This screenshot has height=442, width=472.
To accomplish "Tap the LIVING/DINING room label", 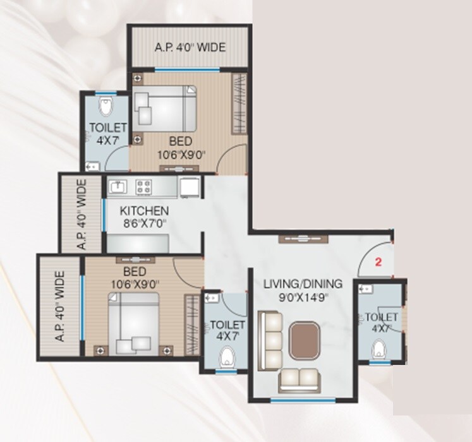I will (303, 284).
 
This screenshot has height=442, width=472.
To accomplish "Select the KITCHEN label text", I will (145, 210).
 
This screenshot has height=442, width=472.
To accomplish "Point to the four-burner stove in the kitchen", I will (144, 186).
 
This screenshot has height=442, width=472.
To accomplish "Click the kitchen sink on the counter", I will (118, 186).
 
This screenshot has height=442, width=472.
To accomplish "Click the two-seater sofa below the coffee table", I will (299, 378).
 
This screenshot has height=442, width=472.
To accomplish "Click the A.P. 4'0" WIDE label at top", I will (190, 47).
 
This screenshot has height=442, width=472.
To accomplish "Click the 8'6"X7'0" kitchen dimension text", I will (145, 223).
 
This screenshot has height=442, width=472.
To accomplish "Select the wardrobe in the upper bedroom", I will (238, 104).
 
